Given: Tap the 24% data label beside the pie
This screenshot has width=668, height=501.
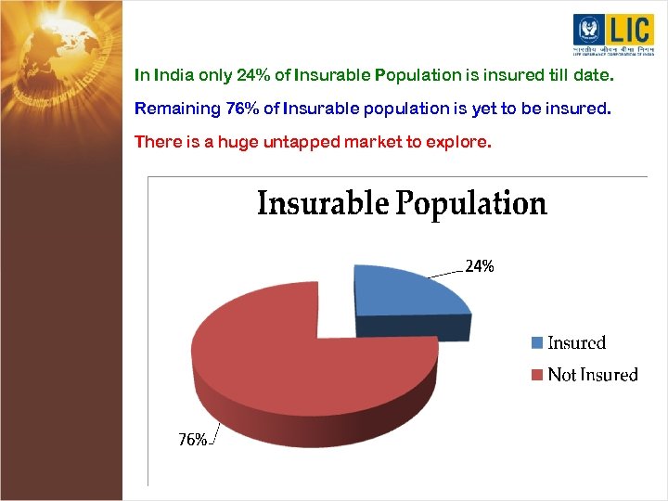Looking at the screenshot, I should [480, 266].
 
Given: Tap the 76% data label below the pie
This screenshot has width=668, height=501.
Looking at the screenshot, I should [192, 440].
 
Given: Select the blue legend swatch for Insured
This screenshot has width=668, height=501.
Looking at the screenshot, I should [536, 343].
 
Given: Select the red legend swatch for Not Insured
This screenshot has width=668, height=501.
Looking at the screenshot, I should [536, 375].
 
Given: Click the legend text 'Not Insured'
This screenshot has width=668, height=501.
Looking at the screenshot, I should [593, 375].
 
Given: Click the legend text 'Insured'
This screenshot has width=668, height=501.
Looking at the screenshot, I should [576, 343].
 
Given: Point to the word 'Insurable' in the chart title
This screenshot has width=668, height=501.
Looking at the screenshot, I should [323, 203].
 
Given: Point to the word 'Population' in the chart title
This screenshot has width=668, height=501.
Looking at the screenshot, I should [471, 204].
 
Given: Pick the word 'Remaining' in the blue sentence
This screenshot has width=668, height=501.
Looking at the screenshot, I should [176, 109].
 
